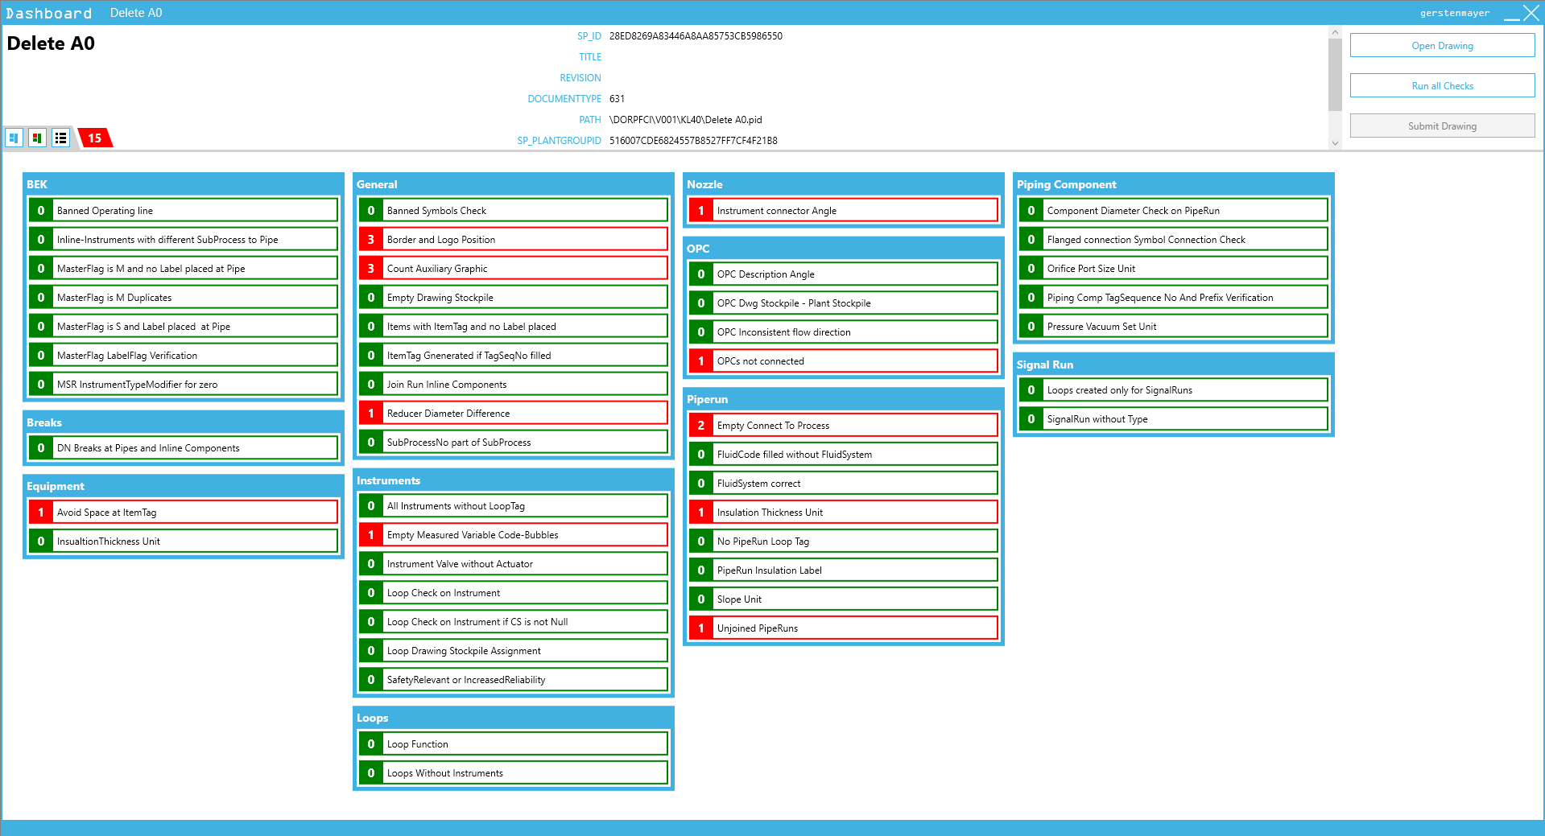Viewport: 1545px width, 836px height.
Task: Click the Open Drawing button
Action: pyautogui.click(x=1441, y=46)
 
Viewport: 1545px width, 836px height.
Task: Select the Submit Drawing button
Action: pyautogui.click(x=1441, y=126)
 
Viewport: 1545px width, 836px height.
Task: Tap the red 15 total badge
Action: pyautogui.click(x=95, y=138)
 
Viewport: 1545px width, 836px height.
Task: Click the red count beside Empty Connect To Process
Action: pyautogui.click(x=700, y=426)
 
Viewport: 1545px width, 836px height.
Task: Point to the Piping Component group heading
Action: pyautogui.click(x=1066, y=184)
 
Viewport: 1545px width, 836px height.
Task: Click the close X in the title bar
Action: pyautogui.click(x=1531, y=13)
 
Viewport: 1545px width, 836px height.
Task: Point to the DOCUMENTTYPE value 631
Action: pyautogui.click(x=617, y=99)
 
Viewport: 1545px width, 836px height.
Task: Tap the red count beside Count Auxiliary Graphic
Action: pyautogui.click(x=370, y=269)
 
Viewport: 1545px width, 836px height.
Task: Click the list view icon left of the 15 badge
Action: pyautogui.click(x=60, y=138)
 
